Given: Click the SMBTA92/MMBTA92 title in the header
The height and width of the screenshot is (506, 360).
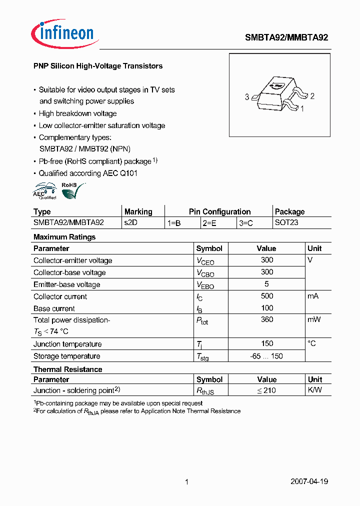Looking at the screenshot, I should tap(286, 37).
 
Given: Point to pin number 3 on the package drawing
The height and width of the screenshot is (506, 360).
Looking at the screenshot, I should tap(247, 97).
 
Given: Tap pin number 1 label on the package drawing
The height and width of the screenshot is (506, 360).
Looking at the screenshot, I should tap(302, 108).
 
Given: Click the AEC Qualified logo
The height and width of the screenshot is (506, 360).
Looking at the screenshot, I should tap(44, 191).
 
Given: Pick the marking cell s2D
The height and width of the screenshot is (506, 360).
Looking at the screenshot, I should tap(130, 222).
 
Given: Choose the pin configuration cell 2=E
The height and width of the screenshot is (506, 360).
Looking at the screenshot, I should tap(209, 223).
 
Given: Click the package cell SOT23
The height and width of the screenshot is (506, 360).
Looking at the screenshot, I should tap(286, 222).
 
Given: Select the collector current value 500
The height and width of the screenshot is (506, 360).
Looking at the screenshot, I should tap(267, 296).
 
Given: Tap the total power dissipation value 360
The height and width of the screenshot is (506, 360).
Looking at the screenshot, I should tap(267, 319).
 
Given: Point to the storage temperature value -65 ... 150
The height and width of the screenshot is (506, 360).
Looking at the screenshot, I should tap(267, 356).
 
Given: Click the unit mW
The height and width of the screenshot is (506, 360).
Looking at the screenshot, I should tap(314, 319).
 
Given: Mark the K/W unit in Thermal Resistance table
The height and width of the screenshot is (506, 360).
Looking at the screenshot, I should tap(314, 390).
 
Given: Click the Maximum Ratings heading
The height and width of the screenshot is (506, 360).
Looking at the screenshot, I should tap(64, 237).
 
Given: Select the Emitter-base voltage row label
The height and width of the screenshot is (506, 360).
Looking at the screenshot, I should tap(66, 284).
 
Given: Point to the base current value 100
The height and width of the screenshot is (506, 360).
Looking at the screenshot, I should tap(267, 308).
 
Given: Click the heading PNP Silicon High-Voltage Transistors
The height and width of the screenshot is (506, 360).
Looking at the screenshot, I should tap(98, 66).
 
